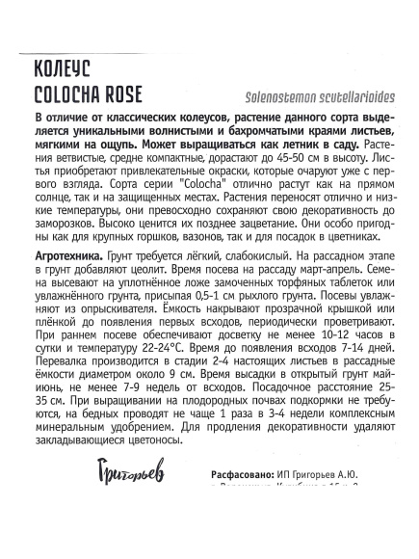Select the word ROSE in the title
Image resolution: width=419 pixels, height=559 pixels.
click(x=149, y=95)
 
